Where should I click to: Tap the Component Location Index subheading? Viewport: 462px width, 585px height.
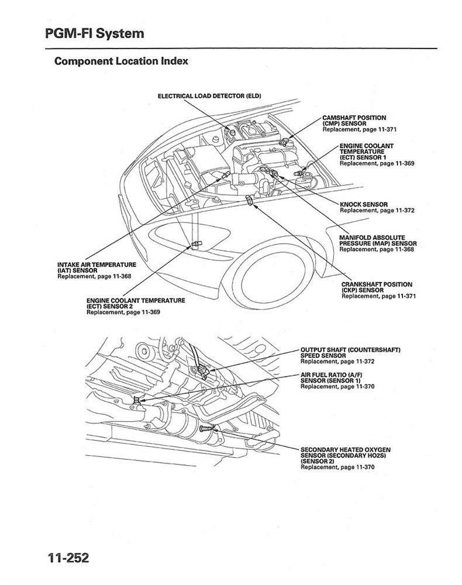121,61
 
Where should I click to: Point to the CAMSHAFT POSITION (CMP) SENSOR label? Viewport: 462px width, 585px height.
354,121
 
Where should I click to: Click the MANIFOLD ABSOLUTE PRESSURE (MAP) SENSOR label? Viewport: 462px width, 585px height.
378,240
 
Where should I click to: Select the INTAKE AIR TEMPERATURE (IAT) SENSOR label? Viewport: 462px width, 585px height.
96,268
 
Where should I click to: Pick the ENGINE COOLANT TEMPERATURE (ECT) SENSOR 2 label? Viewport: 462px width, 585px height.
136,303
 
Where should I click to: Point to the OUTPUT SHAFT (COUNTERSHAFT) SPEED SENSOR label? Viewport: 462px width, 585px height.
350,352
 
